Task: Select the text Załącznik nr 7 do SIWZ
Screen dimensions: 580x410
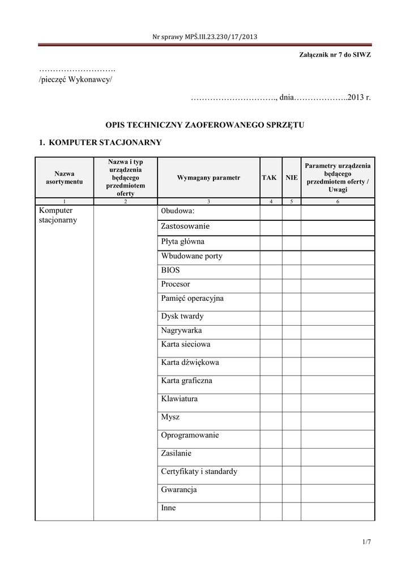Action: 335,55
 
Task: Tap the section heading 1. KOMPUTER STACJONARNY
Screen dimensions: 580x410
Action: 100,142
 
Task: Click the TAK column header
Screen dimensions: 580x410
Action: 269,178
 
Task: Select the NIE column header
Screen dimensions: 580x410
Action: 292,178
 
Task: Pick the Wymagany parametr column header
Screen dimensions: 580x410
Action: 208,178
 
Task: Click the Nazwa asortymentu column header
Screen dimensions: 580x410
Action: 64,178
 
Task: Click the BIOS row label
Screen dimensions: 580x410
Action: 170,270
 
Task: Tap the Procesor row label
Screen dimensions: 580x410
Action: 176,284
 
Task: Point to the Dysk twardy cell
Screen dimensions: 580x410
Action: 182,317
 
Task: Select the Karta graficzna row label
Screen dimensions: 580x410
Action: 186,381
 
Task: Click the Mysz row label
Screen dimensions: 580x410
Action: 170,417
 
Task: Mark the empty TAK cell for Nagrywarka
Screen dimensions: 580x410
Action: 271,331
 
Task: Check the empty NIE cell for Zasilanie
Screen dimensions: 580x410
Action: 292,453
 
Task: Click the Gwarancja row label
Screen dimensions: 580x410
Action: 178,490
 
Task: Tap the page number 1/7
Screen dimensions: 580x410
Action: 367,543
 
